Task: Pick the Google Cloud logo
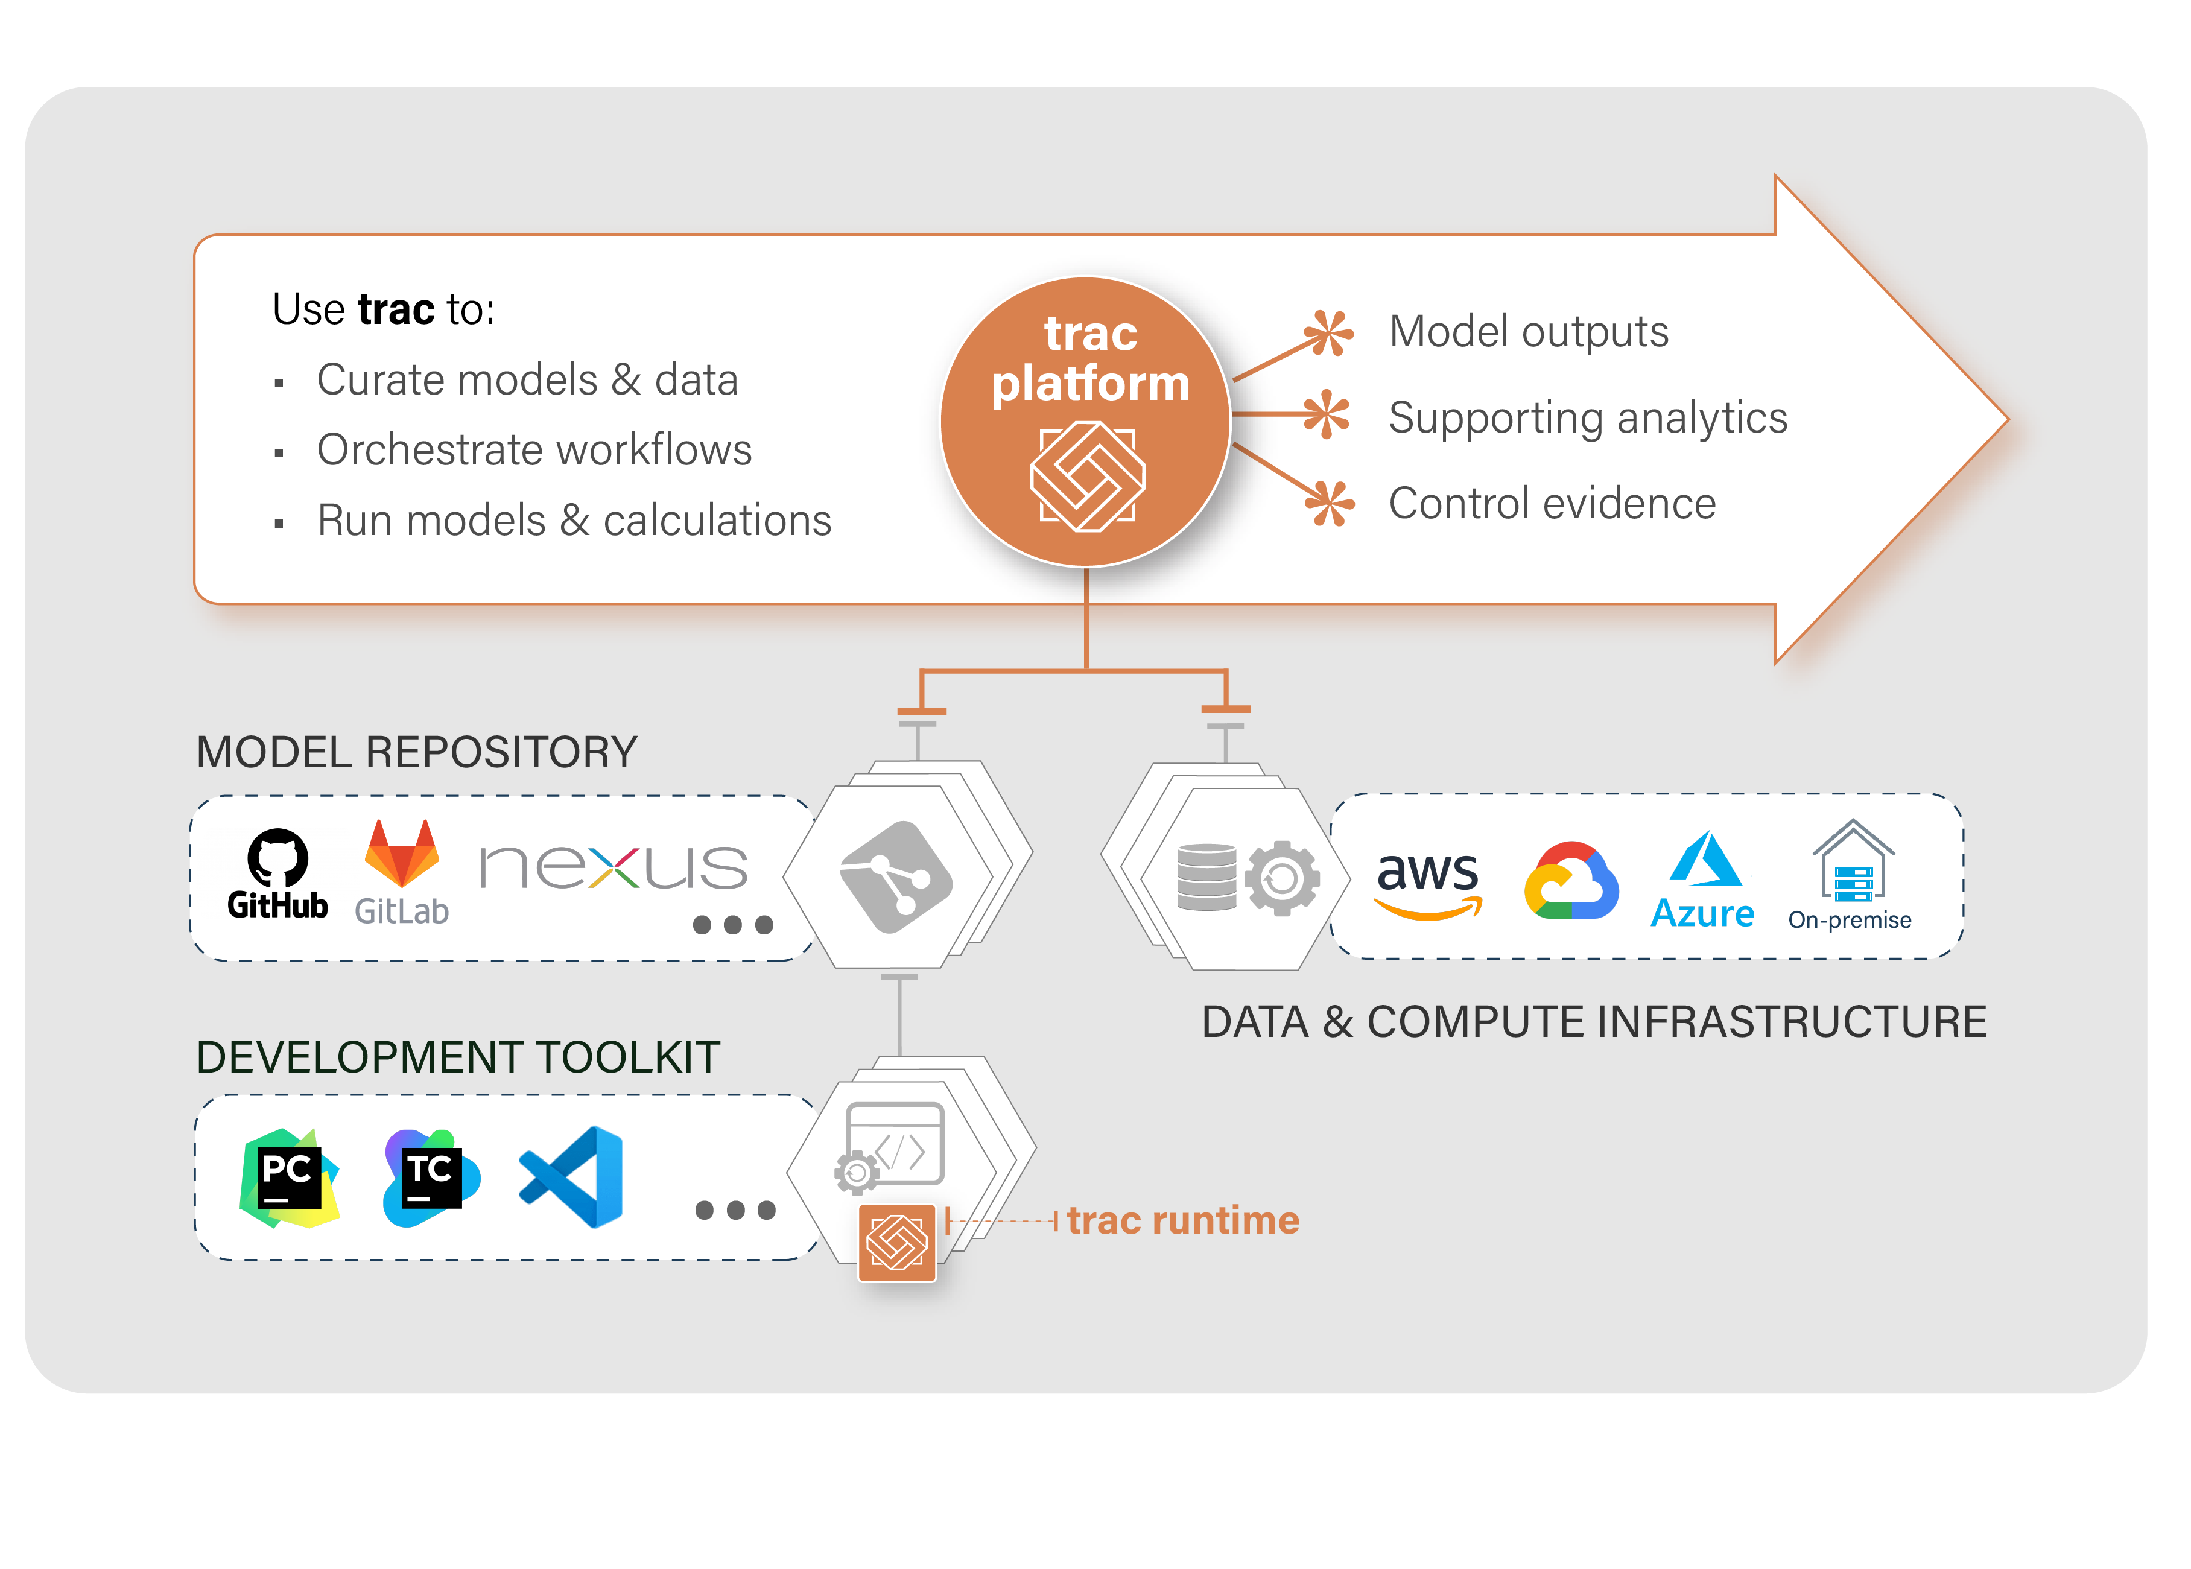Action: click(1571, 880)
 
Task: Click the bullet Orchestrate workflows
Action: click(534, 450)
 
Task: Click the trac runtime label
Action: click(1184, 1221)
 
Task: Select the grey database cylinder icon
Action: click(1206, 877)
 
